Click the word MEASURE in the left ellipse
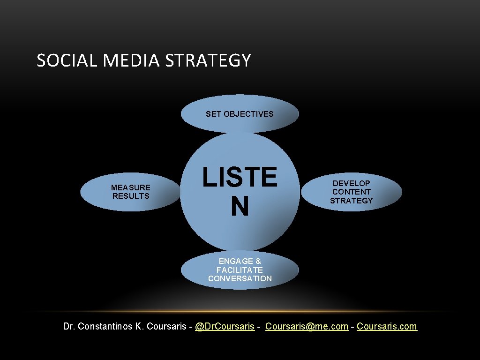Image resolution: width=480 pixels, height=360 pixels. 131,187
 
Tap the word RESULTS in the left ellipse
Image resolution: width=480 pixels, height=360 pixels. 131,196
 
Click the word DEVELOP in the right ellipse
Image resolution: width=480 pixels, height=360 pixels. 352,183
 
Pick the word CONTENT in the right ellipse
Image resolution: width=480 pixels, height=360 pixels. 352,192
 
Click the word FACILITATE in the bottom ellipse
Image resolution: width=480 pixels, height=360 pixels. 240,270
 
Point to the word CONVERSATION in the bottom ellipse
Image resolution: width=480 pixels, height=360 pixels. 240,278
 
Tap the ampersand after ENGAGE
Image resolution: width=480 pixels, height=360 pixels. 258,261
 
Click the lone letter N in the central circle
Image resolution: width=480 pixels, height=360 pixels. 240,206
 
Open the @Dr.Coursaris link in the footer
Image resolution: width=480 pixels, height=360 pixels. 225,326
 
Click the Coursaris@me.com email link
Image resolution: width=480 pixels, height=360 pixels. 307,326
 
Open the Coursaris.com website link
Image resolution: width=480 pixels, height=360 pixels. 387,326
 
